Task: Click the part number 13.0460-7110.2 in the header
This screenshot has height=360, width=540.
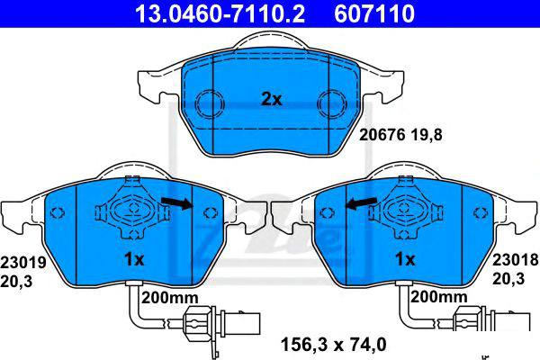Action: click(x=220, y=13)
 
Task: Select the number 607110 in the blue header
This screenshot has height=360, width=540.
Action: click(x=374, y=13)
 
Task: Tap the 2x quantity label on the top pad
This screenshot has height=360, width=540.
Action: click(x=272, y=99)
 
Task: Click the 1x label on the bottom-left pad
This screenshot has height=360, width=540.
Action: click(x=134, y=259)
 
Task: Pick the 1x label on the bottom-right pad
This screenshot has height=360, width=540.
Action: click(x=405, y=259)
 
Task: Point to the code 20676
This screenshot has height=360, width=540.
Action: click(x=382, y=135)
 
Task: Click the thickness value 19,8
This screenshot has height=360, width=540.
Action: click(x=427, y=135)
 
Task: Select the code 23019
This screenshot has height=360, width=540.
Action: click(x=23, y=263)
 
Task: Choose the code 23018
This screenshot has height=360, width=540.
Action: click(x=515, y=260)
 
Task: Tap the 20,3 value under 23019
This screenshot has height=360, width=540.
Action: click(x=16, y=282)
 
